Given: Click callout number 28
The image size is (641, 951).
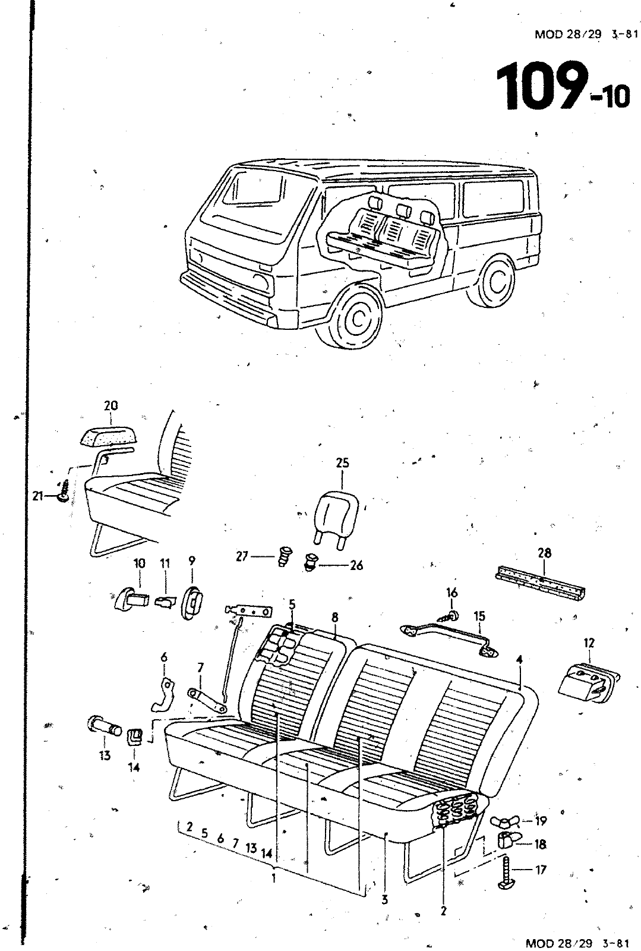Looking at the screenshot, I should pyautogui.click(x=544, y=553).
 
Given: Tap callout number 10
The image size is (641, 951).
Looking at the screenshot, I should pyautogui.click(x=139, y=562).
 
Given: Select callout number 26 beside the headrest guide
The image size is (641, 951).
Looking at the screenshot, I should pyautogui.click(x=356, y=565).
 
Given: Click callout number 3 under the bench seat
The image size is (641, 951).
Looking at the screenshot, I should pyautogui.click(x=384, y=900).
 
